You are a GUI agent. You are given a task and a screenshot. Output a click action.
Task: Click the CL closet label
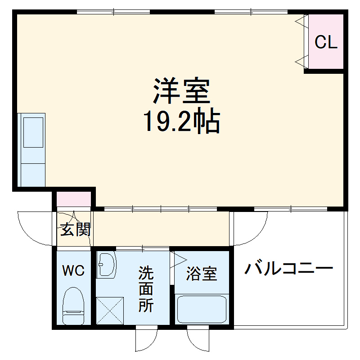point(326,42)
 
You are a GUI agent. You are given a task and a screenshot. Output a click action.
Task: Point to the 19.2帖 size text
point(182,121)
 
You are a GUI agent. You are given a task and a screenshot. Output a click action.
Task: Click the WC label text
point(73,270)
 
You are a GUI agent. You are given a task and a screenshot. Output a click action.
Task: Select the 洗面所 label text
point(146,289)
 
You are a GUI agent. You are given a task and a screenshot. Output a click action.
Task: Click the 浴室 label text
point(202,274)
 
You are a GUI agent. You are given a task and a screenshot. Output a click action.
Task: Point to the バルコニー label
point(288,270)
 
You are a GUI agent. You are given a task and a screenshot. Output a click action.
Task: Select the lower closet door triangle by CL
point(301,61)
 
